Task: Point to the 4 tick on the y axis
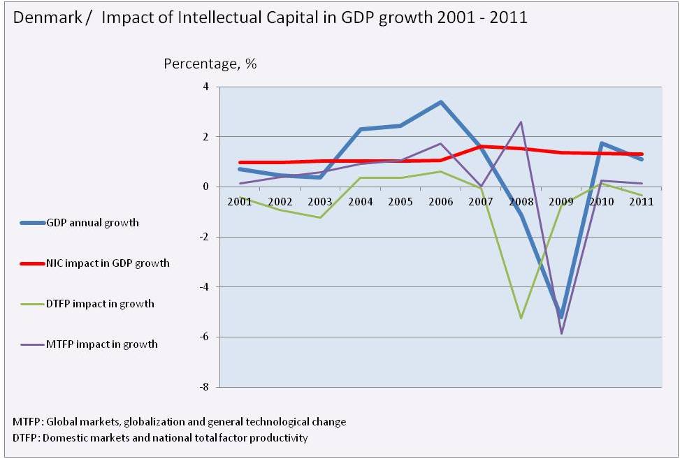click(x=206, y=87)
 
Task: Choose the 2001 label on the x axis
click(x=240, y=202)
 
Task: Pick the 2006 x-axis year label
click(x=440, y=202)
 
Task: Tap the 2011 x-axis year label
click(x=640, y=202)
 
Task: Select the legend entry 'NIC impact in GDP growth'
click(x=108, y=263)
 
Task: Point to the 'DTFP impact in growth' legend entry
click(x=100, y=304)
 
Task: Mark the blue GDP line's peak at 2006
click(x=440, y=102)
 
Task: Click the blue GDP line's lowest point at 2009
click(x=560, y=316)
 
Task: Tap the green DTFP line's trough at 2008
click(x=521, y=319)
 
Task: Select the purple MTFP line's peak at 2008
click(x=521, y=122)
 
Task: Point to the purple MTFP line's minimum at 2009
click(x=560, y=334)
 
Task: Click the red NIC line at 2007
click(x=480, y=147)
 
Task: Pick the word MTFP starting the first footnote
click(x=26, y=422)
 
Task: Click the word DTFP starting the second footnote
click(x=26, y=438)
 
